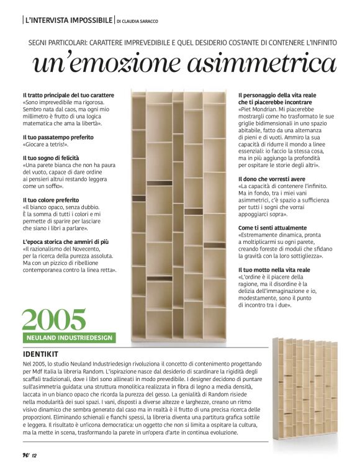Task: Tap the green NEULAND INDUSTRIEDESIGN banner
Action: coord(69,338)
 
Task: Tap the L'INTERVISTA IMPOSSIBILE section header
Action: coord(68,20)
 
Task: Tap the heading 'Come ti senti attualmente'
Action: coord(272,228)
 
